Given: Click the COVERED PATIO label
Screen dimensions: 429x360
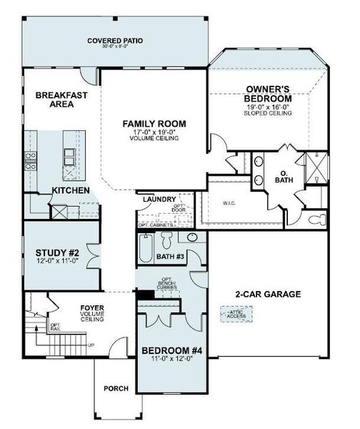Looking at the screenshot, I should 115,41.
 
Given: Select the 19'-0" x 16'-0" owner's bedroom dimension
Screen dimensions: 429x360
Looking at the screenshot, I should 269,107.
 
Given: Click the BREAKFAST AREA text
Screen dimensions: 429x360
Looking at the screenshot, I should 56,99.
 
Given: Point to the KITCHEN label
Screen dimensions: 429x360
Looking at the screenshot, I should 70,191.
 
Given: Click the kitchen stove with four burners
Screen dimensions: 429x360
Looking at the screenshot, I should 31,160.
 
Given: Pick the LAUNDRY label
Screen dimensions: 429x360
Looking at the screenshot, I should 158,199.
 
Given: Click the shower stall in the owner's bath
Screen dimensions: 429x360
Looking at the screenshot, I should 312,168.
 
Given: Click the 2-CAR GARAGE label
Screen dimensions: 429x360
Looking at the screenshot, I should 268,294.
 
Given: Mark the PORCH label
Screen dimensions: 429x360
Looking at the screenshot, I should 116,388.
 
